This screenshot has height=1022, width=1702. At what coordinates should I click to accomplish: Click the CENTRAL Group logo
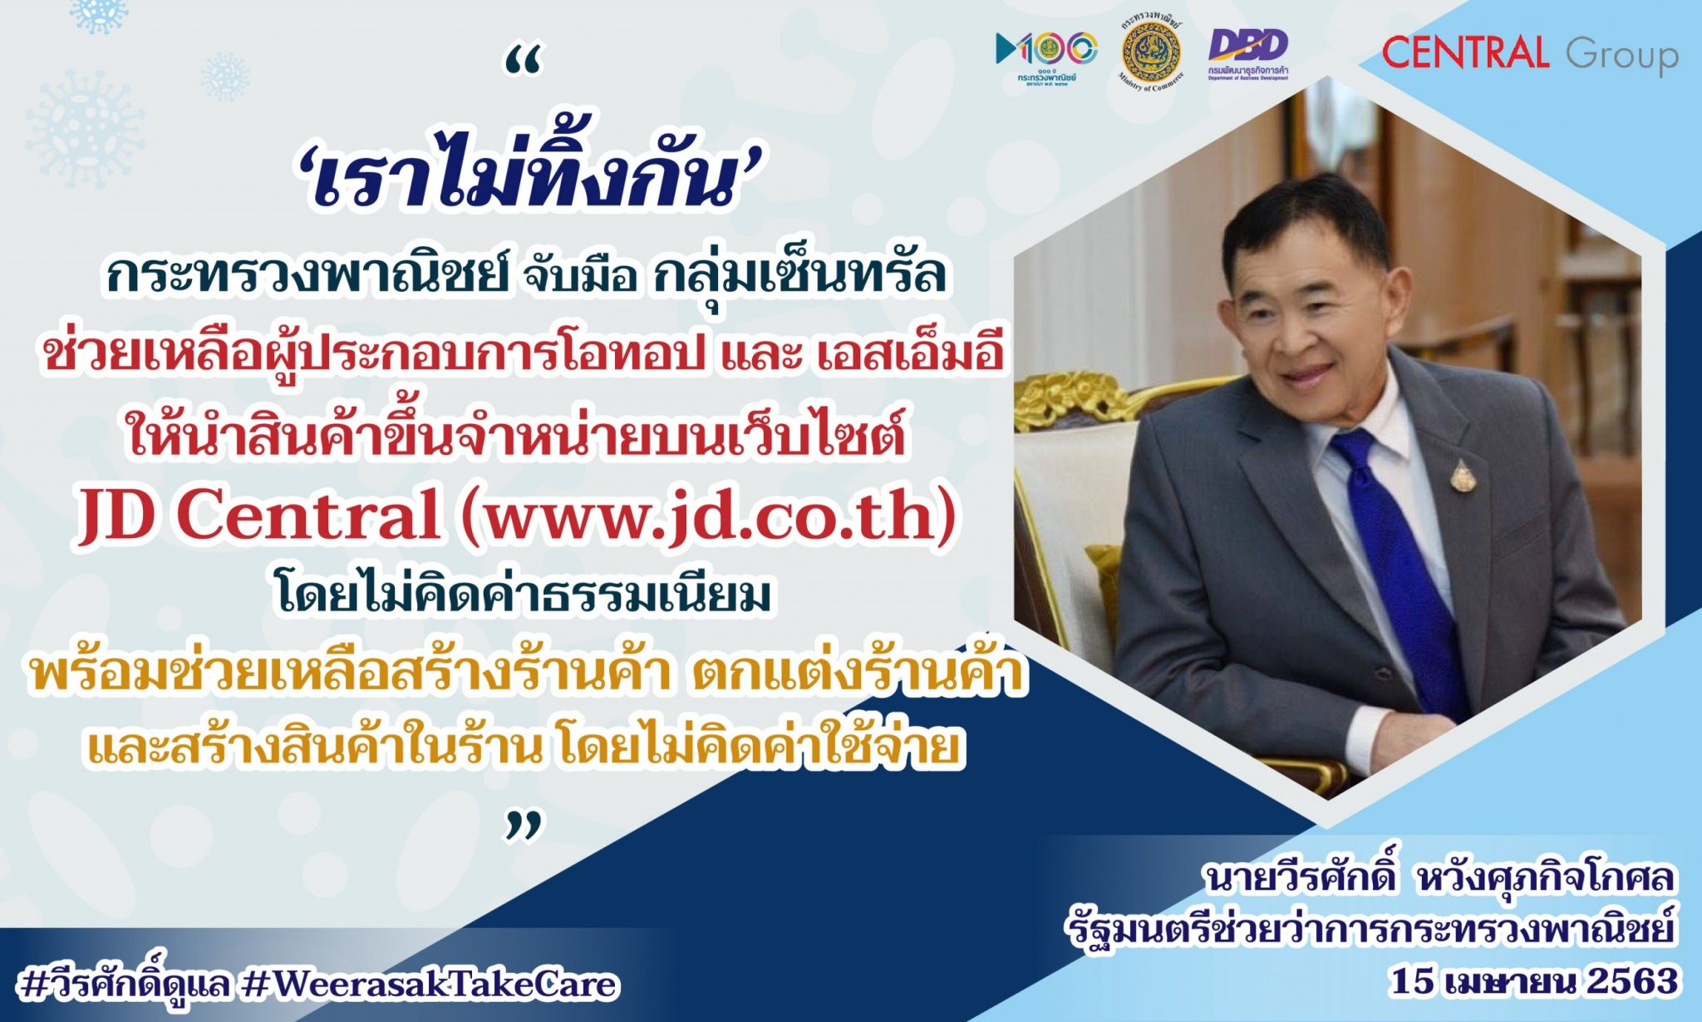coord(1529,53)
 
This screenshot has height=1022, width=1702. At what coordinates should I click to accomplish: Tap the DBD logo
coord(1247,53)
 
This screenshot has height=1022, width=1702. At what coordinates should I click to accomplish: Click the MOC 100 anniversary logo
coord(1046,55)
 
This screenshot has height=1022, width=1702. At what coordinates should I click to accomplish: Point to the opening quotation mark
coord(524,62)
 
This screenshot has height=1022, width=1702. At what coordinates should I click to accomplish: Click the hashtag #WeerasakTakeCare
coord(431,985)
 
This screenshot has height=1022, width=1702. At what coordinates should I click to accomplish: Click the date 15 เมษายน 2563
coord(1534,982)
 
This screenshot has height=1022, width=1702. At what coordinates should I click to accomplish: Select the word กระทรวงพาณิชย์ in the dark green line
coord(307,274)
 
